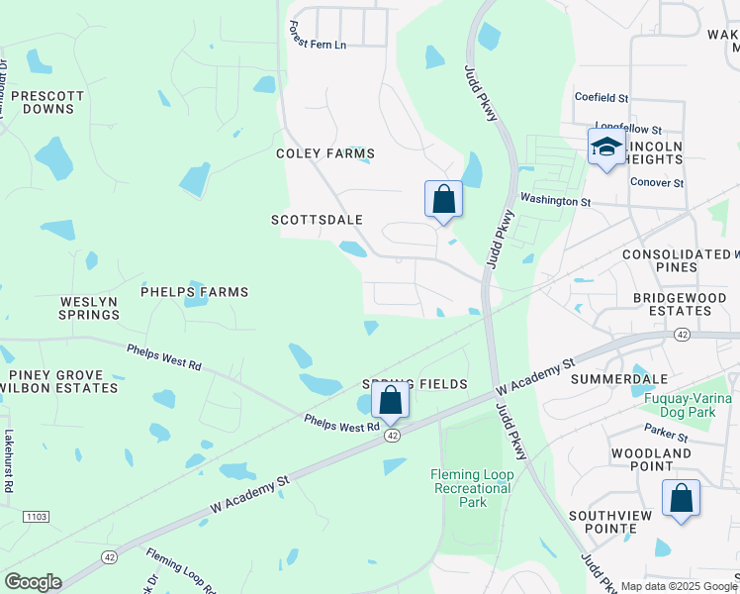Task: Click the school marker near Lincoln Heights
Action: (605, 148)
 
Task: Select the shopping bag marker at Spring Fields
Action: (391, 401)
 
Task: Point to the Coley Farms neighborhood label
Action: (325, 153)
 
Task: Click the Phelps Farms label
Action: (194, 292)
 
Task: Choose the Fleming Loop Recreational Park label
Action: (472, 488)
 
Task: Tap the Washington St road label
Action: (555, 201)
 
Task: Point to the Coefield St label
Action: (601, 98)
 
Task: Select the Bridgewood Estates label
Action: (673, 304)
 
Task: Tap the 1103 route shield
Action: (37, 516)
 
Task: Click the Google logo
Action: (33, 582)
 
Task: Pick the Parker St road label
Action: (665, 435)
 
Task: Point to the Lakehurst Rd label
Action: (8, 460)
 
